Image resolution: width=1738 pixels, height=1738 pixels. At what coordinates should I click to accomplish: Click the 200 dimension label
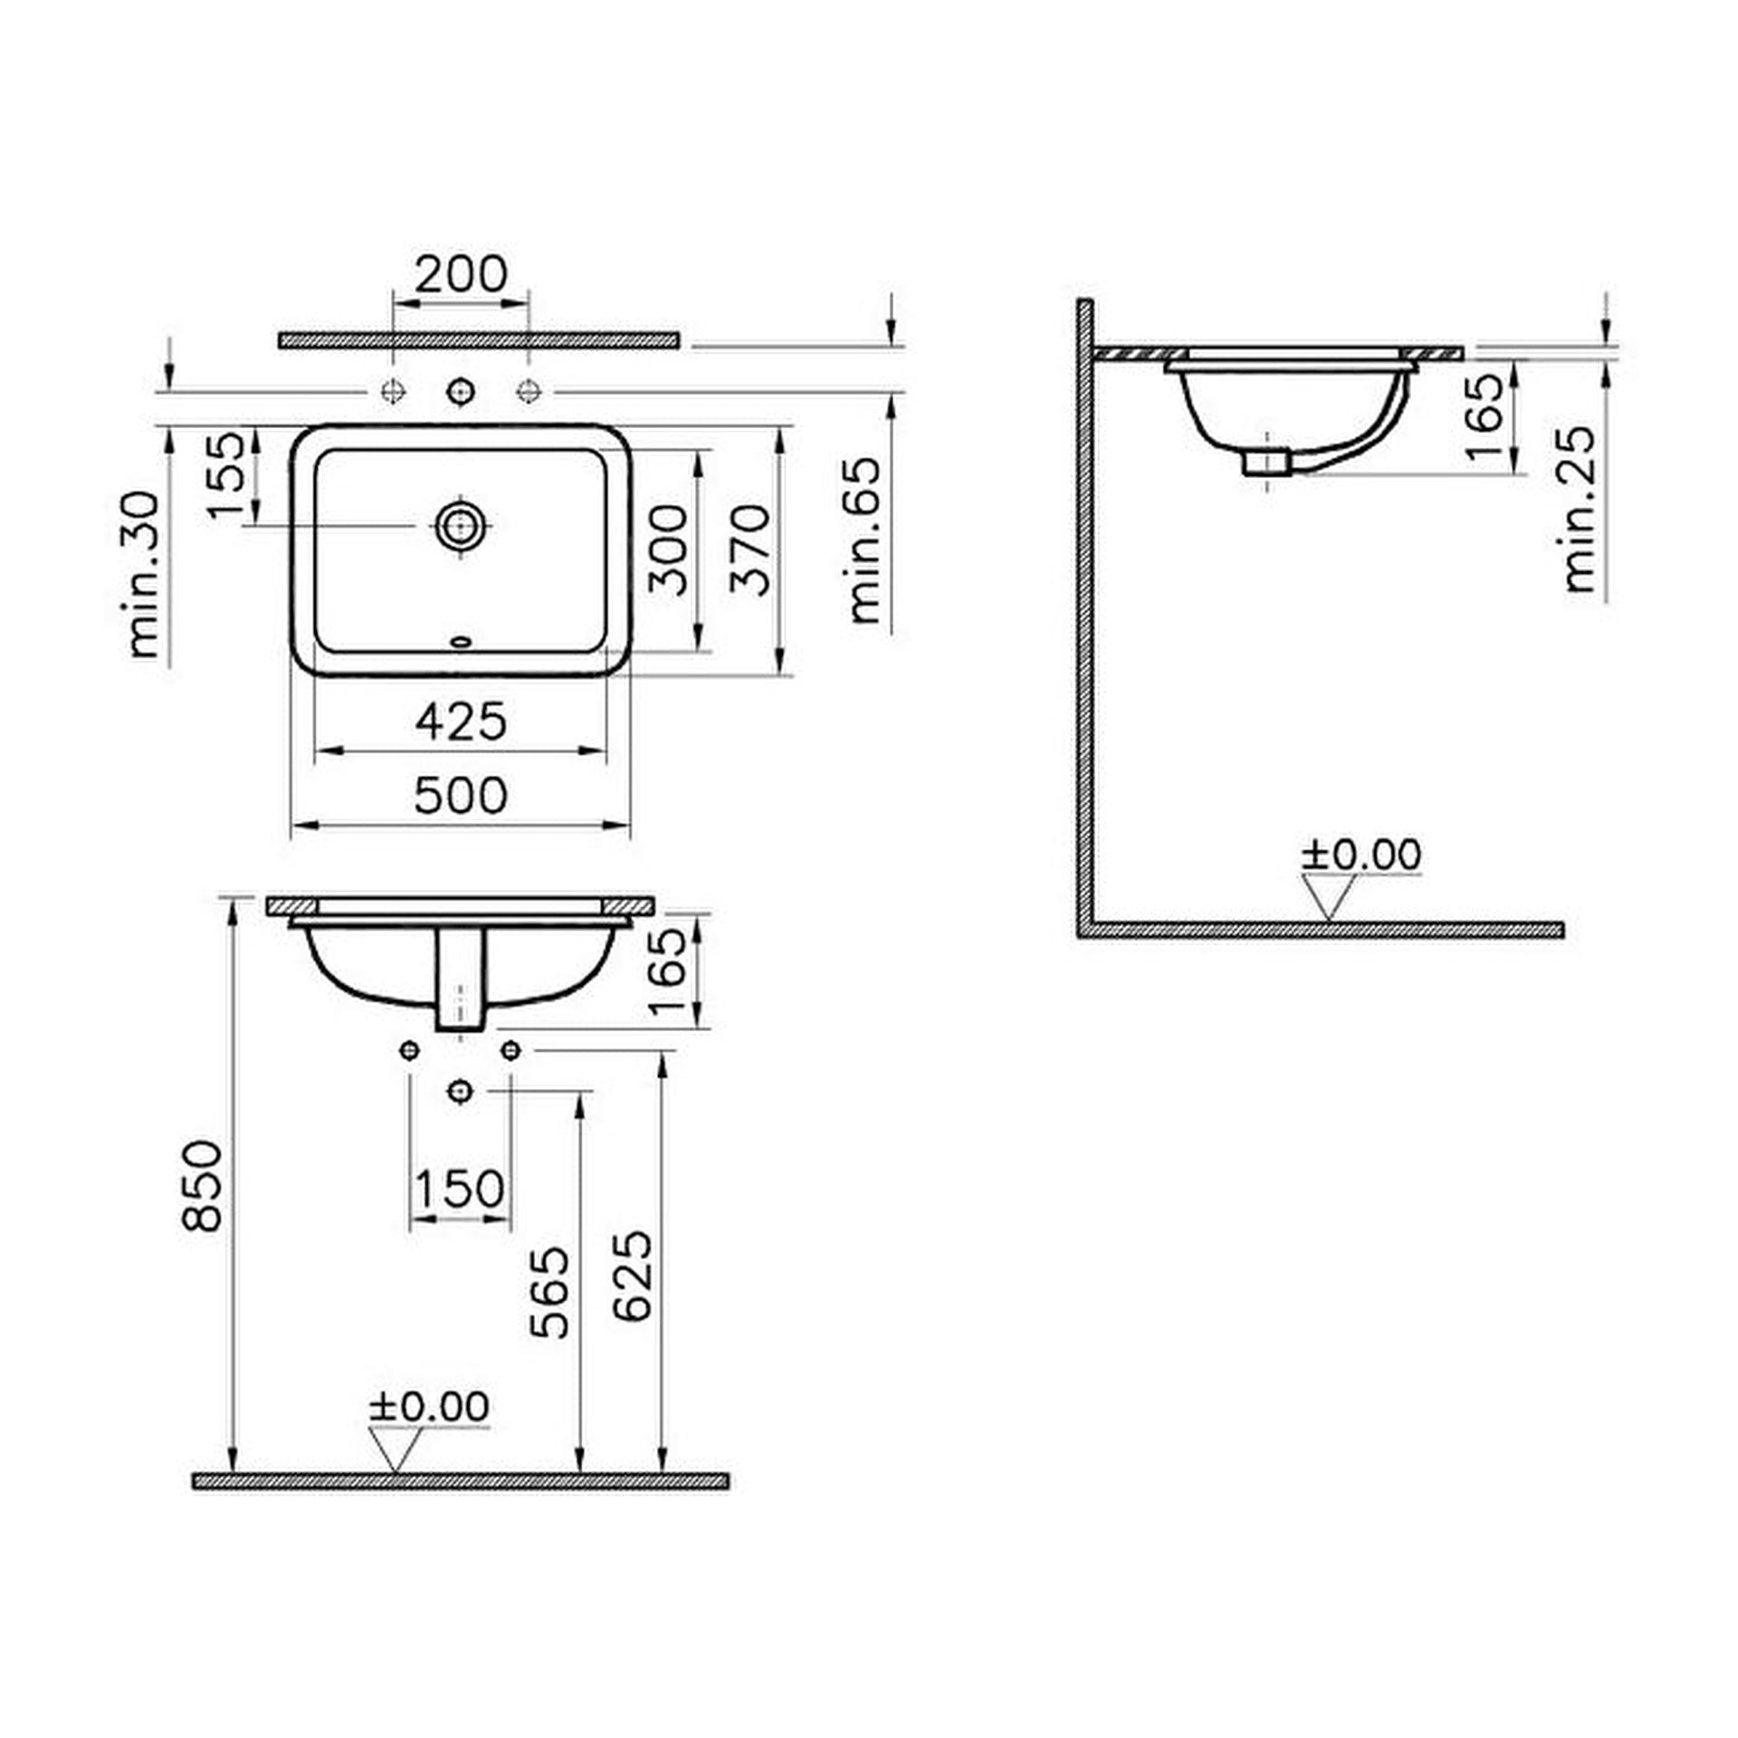(461, 274)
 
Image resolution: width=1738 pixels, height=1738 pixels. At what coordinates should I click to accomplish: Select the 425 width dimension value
(461, 721)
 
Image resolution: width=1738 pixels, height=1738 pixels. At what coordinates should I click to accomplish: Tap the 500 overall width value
(461, 796)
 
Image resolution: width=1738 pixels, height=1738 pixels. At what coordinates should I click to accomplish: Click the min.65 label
(864, 540)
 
